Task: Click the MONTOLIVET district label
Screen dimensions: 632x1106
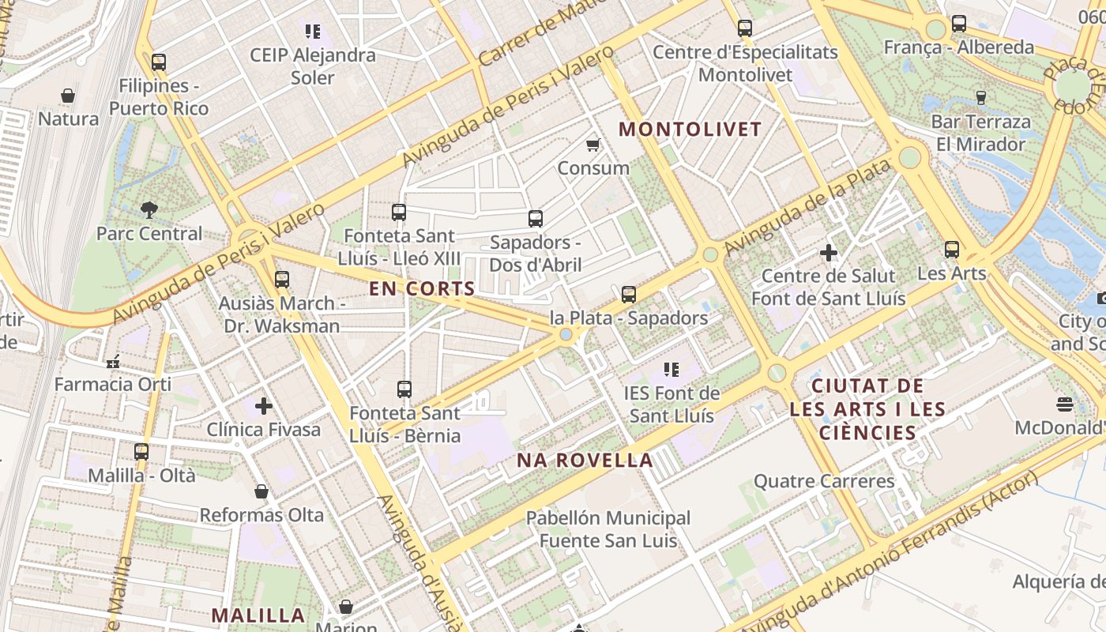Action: [x=690, y=130]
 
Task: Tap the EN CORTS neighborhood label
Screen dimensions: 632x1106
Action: [x=422, y=289]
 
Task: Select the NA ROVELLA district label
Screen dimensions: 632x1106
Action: [x=585, y=461]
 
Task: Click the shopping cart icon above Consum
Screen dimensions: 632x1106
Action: [x=592, y=145]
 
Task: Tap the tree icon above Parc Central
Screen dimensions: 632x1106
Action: [x=149, y=209]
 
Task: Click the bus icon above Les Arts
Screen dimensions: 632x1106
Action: [x=951, y=250]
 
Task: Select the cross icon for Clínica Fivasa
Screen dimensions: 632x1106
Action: [x=264, y=406]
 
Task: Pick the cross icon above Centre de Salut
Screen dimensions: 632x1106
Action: [x=828, y=253]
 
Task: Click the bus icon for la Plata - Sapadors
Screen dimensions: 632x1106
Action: [x=628, y=295]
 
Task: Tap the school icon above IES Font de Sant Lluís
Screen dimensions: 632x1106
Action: [x=671, y=369]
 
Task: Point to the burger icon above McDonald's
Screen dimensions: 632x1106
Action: [x=1064, y=405]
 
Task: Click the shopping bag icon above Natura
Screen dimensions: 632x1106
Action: [x=68, y=96]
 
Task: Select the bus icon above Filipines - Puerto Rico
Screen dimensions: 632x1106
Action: [x=159, y=62]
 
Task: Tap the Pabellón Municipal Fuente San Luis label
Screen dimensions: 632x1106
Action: [x=608, y=529]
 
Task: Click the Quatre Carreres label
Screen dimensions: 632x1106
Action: [x=823, y=481]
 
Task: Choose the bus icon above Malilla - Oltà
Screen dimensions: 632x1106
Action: [x=141, y=452]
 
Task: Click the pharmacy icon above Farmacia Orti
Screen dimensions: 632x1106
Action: [x=113, y=362]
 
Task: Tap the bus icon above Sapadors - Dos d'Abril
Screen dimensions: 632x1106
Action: [x=535, y=218]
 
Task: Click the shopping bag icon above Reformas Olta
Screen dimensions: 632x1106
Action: [x=261, y=491]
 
